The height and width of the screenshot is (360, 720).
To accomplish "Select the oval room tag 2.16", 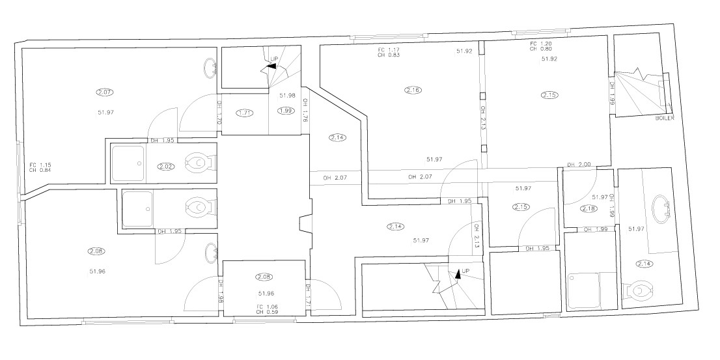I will tap(412, 90).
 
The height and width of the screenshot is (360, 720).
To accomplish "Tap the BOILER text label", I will tap(663, 118).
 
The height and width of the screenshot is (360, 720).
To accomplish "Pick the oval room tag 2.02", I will tap(166, 167).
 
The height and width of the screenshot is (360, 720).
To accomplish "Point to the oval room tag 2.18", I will tap(588, 208).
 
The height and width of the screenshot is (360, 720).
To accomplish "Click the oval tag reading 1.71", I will tap(245, 113).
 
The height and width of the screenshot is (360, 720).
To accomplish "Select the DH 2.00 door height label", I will tap(579, 165).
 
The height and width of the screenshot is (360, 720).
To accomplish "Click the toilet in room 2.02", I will tap(197, 161).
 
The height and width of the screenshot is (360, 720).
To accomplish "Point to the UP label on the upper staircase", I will tap(274, 59).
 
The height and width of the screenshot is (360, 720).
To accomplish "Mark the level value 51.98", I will tap(287, 96).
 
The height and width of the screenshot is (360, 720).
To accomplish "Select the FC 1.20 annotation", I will tap(541, 43).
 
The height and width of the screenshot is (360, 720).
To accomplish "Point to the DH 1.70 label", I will tap(219, 112).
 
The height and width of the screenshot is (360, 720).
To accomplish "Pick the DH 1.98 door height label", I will tap(220, 291).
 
